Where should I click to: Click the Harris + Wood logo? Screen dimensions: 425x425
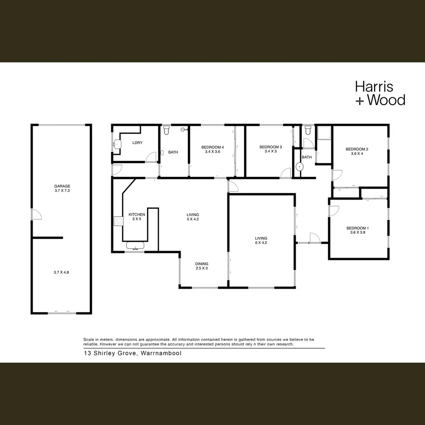[x=380, y=93]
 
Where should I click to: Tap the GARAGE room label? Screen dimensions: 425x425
[x=62, y=186]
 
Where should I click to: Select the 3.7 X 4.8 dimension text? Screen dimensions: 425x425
[x=62, y=272]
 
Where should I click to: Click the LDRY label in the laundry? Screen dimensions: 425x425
[x=137, y=142]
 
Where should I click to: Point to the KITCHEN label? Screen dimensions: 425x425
[x=137, y=214]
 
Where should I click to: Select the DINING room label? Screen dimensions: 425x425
[x=202, y=264]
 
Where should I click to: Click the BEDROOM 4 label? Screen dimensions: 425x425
[x=212, y=147]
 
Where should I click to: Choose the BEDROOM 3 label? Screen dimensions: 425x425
[x=271, y=147]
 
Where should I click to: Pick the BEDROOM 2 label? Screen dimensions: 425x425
[x=357, y=149]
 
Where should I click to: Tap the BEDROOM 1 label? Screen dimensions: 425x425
[x=357, y=228]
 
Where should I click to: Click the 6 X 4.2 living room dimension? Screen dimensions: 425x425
[x=261, y=243]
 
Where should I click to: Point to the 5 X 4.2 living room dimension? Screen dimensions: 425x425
[x=193, y=219]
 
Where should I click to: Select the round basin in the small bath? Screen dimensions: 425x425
[x=300, y=166]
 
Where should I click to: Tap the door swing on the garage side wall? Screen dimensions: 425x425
[x=36, y=214]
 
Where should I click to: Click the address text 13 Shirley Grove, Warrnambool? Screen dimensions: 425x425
[x=132, y=353]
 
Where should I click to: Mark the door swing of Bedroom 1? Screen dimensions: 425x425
[x=334, y=210]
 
